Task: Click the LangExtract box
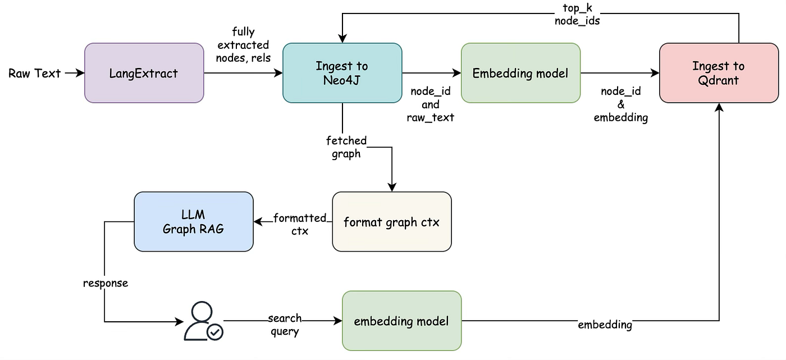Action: click(x=144, y=73)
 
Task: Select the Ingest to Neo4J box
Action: click(x=342, y=73)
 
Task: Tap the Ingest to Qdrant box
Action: click(x=719, y=73)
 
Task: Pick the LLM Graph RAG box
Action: click(x=193, y=221)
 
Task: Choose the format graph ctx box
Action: click(x=392, y=221)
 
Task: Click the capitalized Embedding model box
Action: click(x=520, y=73)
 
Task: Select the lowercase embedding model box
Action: click(x=401, y=321)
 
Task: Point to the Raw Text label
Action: click(x=34, y=74)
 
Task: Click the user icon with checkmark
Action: click(x=203, y=321)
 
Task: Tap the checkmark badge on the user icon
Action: click(x=214, y=332)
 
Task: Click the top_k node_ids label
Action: click(x=577, y=15)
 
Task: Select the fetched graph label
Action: click(x=346, y=147)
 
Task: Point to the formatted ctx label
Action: click(x=300, y=224)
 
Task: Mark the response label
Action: click(x=106, y=284)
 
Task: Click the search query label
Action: click(x=285, y=325)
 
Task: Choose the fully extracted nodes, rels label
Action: click(x=243, y=44)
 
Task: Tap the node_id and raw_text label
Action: click(x=430, y=104)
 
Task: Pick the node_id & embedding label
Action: click(x=621, y=104)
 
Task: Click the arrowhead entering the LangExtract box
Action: click(x=80, y=73)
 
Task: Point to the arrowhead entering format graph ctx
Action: click(x=392, y=187)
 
